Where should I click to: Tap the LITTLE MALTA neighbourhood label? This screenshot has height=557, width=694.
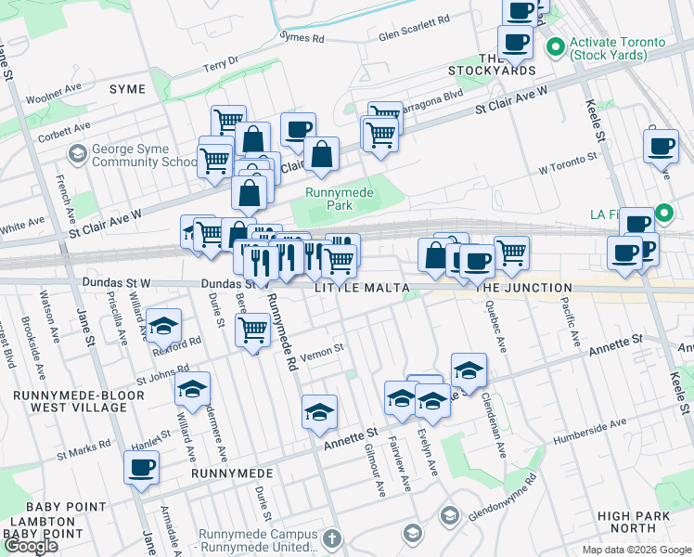(x=362, y=289)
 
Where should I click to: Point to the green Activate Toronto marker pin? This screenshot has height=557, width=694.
(x=557, y=44)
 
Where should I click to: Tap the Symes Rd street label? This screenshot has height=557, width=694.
(x=303, y=37)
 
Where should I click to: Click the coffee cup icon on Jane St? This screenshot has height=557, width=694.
(x=141, y=468)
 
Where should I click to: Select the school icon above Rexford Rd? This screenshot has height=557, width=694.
(x=163, y=326)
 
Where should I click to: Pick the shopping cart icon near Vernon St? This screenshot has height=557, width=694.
(x=252, y=330)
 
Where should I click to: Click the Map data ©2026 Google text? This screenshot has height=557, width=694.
(x=636, y=550)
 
